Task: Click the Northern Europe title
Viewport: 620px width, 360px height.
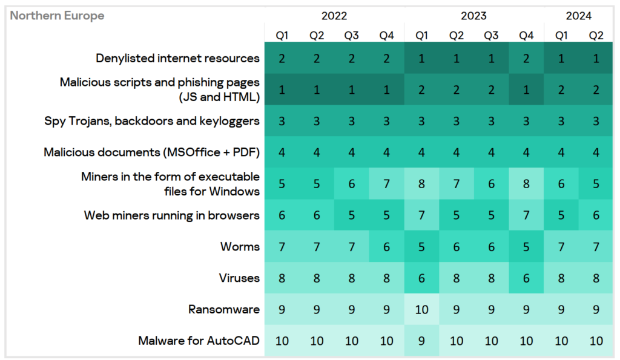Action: click(x=57, y=16)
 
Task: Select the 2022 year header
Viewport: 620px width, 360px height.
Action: click(x=334, y=16)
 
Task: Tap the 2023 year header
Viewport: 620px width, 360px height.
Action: click(x=473, y=16)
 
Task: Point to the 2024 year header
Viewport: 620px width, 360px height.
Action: click(x=579, y=16)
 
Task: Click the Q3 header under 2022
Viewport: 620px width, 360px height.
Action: click(x=352, y=35)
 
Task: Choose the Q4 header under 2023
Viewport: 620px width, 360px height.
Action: click(x=526, y=35)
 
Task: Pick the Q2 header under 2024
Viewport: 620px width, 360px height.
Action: click(x=596, y=35)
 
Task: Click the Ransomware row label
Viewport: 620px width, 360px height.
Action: click(x=223, y=309)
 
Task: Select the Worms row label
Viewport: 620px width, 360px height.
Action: click(x=240, y=246)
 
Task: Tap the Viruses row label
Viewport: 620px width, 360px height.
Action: click(x=239, y=278)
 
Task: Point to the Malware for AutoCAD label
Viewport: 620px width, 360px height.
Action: click(x=199, y=341)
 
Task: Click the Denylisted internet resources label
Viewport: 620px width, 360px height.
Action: click(x=177, y=58)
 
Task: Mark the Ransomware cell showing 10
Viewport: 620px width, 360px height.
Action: click(x=421, y=310)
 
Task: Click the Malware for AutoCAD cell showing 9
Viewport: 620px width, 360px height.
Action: click(x=421, y=341)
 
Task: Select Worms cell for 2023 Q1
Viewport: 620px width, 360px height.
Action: click(x=421, y=247)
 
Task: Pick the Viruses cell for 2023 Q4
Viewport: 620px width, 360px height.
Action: click(x=526, y=278)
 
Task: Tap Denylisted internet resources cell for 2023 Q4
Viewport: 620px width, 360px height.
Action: click(x=526, y=59)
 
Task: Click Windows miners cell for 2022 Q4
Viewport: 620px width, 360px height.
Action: click(x=386, y=183)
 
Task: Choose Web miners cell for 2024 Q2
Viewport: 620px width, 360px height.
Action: click(x=596, y=215)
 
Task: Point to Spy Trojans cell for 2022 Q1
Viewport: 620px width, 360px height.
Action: click(x=282, y=121)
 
